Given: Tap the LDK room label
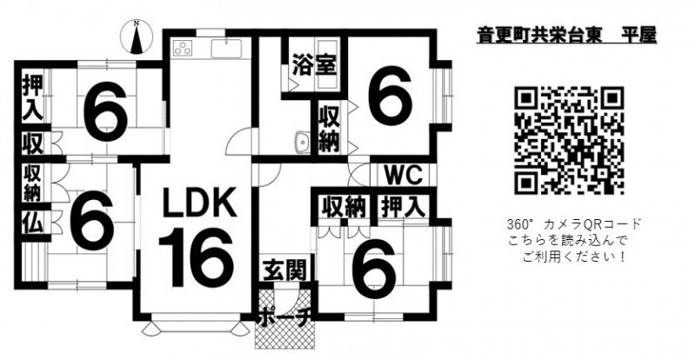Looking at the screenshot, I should pyautogui.click(x=197, y=204).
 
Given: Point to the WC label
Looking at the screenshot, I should pyautogui.click(x=401, y=173).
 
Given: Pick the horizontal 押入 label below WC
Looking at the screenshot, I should pyautogui.click(x=403, y=206).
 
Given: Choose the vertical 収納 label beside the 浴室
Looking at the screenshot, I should pyautogui.click(x=328, y=129).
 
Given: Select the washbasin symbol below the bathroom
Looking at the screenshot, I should pyautogui.click(x=301, y=142).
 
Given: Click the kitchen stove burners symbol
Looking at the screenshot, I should pyautogui.click(x=185, y=48).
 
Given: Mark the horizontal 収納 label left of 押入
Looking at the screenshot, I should pyautogui.click(x=343, y=206).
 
